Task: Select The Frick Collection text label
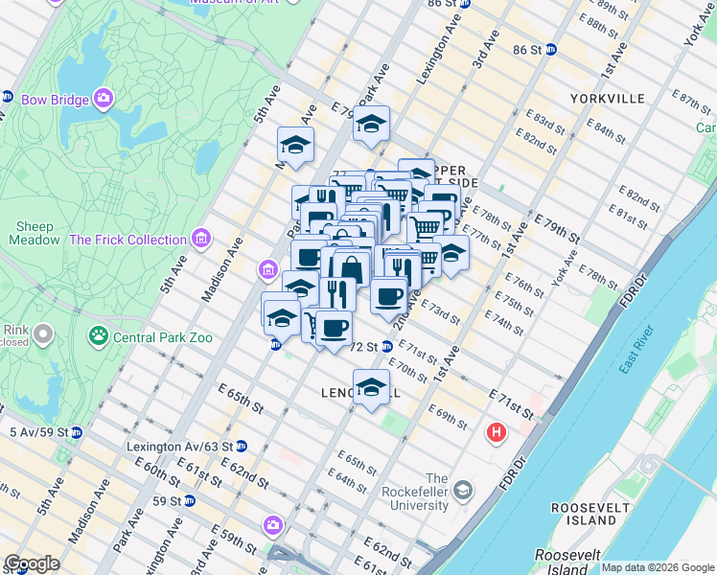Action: [x=127, y=240]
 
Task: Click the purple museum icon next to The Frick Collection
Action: [x=200, y=238]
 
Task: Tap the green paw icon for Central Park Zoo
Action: [x=98, y=335]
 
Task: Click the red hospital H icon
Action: [x=496, y=433]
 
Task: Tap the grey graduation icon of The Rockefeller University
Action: [x=463, y=492]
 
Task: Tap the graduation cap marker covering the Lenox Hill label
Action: [x=371, y=386]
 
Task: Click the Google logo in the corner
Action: [x=32, y=563]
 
